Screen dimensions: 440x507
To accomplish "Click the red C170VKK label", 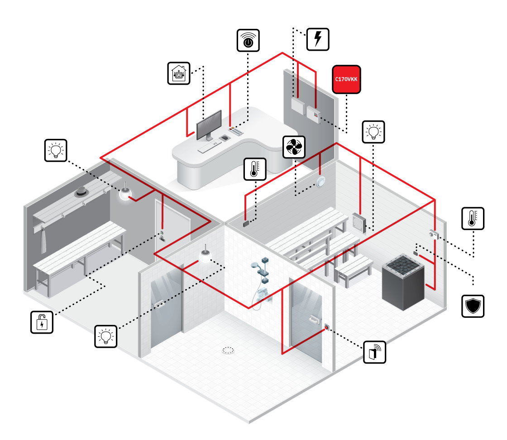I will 346,79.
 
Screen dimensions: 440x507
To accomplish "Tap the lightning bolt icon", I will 318,39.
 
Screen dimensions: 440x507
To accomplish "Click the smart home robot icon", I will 179,73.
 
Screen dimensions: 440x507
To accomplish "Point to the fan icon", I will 294,146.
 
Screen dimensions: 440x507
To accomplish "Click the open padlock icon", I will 42,322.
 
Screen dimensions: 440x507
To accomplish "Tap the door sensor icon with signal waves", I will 375,352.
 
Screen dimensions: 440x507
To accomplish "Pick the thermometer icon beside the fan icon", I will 255,169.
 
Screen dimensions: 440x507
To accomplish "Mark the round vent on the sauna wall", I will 321,182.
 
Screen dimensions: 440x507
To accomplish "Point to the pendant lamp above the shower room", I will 205,257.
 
